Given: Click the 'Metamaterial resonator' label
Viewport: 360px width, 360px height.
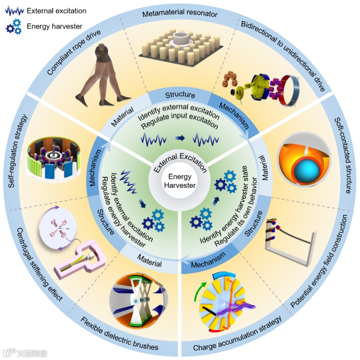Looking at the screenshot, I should (x=180, y=15).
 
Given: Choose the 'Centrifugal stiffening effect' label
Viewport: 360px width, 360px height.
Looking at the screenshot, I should (x=38, y=264).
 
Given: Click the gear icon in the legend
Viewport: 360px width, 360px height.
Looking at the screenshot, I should (x=13, y=27).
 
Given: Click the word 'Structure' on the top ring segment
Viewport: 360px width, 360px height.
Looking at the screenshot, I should (x=180, y=95).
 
